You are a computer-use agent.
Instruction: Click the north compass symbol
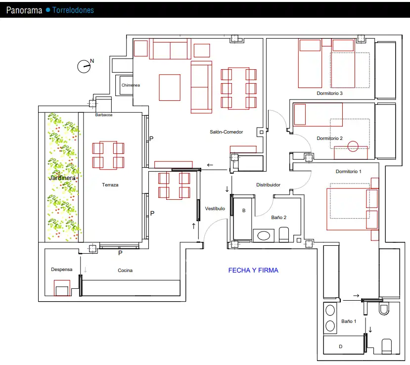pos(84,66)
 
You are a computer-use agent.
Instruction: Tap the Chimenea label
pos(131,85)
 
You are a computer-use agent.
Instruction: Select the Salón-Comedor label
pos(227,132)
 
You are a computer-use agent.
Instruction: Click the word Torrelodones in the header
pos(73,10)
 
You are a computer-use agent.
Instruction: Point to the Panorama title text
pos(24,10)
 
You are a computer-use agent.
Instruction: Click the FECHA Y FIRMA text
pos(253,271)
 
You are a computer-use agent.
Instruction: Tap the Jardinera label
pos(62,178)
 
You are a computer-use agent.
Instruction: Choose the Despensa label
pos(62,270)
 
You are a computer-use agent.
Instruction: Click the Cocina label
pos(125,271)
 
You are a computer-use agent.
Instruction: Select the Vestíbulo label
pos(215,209)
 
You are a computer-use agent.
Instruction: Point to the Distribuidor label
pos(268,185)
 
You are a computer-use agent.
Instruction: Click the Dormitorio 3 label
pos(329,93)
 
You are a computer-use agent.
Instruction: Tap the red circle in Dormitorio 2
pos(353,146)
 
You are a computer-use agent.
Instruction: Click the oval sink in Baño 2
pos(264,236)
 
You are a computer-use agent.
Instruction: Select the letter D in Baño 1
pos(340,346)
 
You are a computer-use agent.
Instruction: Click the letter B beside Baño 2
pos(244,211)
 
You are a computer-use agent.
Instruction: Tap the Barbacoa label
pos(104,115)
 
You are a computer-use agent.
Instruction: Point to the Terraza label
pos(110,185)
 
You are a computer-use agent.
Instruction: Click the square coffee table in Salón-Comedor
pos(170,88)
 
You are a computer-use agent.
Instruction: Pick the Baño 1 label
pos(349,321)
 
